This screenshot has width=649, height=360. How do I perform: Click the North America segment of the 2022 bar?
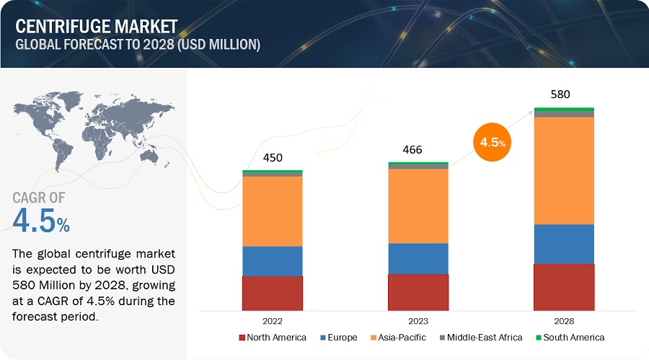point(272,293)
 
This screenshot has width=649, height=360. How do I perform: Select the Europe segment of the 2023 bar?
point(418,258)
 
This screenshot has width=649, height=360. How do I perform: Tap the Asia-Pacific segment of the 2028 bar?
point(563,170)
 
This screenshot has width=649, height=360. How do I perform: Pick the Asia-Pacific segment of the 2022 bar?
point(272,211)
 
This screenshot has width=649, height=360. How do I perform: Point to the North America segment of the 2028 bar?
point(563,287)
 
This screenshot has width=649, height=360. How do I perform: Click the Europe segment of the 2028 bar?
point(563,244)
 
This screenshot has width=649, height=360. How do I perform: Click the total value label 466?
point(412,150)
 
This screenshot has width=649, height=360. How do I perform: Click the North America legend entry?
point(272,338)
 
